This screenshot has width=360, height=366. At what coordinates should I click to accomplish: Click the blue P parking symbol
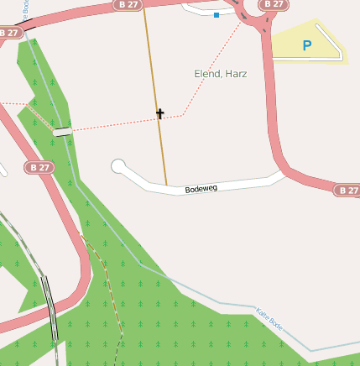point(306,46)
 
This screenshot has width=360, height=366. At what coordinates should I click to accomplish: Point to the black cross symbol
point(159,113)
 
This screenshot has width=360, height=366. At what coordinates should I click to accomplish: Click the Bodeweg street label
point(201,189)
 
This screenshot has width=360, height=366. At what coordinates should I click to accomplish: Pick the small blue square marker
point(217,15)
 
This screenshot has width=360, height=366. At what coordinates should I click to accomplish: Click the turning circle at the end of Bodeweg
point(118,165)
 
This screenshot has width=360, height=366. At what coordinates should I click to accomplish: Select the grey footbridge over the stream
point(62,131)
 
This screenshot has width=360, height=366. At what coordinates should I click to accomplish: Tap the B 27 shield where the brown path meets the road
point(126,4)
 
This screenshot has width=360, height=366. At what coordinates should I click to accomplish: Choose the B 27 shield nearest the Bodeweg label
point(347,191)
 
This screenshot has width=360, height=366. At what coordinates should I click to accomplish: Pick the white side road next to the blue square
point(201,11)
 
